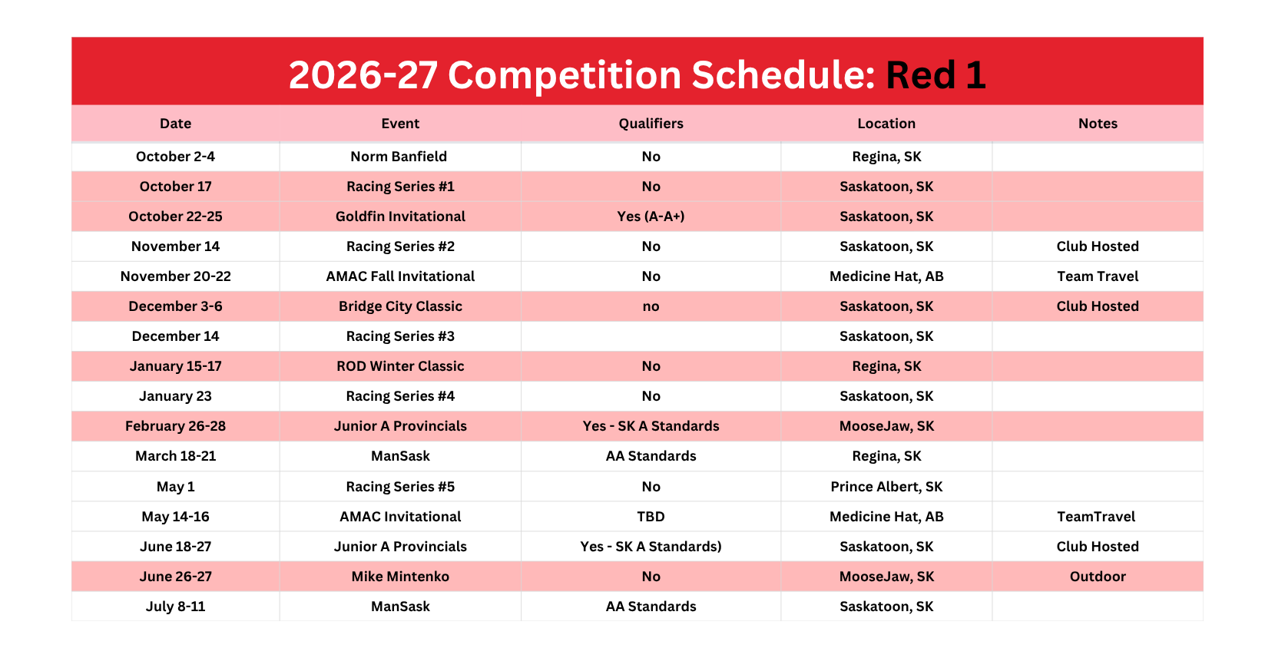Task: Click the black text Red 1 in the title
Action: (x=936, y=75)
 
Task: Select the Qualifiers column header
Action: (x=651, y=124)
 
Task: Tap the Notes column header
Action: (x=1098, y=124)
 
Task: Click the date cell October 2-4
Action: (x=175, y=157)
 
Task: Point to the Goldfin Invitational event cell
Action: (x=400, y=217)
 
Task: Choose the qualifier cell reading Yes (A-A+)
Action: (x=651, y=217)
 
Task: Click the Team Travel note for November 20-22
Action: (x=1098, y=276)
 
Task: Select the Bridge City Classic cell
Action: (x=400, y=306)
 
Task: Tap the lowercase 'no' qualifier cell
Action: (x=651, y=307)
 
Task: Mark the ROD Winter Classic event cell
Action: (x=400, y=366)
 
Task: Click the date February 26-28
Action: (x=175, y=426)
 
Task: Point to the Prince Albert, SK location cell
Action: (x=886, y=487)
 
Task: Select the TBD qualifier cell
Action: (x=651, y=516)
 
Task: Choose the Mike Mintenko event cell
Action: (x=400, y=577)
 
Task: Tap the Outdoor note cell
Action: (x=1098, y=577)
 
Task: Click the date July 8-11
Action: (x=175, y=607)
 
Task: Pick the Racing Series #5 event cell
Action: (x=400, y=487)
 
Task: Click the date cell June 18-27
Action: (x=175, y=547)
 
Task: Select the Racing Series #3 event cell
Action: (x=400, y=336)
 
